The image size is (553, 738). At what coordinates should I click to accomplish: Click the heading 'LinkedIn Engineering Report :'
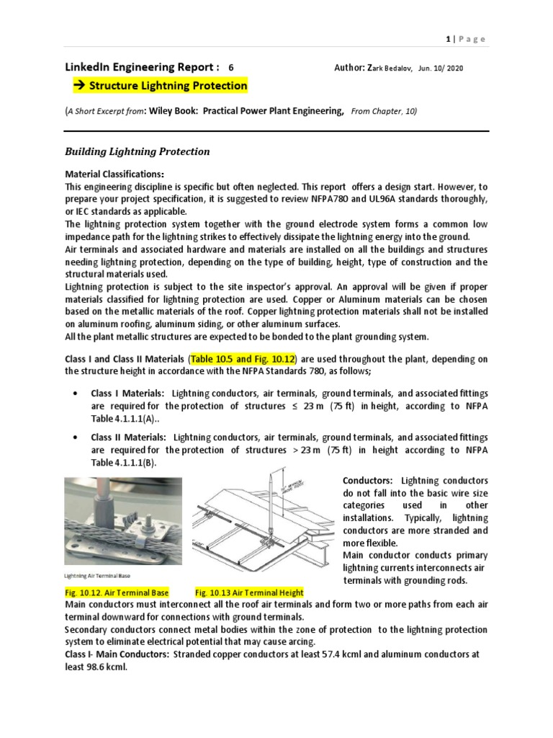click(x=140, y=67)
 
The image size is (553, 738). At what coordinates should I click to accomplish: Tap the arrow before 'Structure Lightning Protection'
click(x=78, y=86)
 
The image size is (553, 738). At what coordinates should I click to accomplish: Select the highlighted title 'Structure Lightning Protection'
click(x=168, y=86)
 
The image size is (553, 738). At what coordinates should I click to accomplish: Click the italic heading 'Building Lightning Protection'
click(x=138, y=151)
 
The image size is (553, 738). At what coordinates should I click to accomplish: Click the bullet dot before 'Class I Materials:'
click(x=76, y=394)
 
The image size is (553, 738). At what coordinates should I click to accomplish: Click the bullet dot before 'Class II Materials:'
click(x=76, y=437)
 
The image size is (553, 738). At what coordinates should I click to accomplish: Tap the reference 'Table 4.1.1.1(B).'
click(x=123, y=463)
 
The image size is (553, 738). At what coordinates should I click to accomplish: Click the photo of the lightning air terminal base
click(x=123, y=520)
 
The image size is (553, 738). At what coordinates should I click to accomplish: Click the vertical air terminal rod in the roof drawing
click(x=271, y=508)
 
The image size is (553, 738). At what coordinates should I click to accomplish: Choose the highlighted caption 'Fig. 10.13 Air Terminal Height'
click(x=249, y=592)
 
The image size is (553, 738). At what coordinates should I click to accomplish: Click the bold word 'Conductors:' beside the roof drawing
click(x=367, y=481)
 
